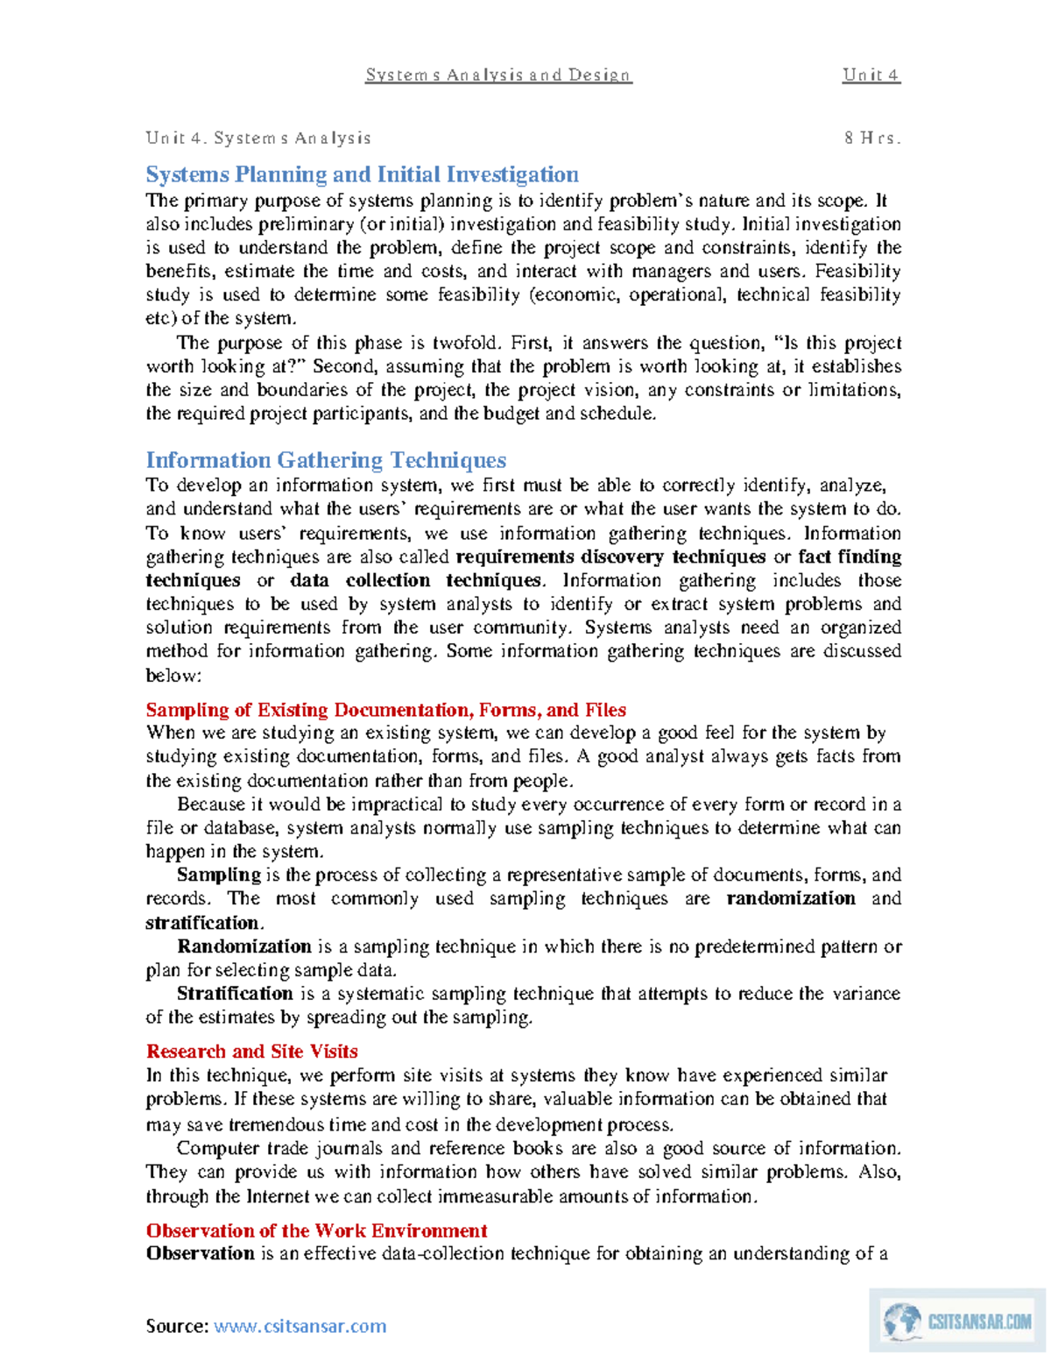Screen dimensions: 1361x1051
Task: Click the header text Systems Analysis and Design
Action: [497, 75]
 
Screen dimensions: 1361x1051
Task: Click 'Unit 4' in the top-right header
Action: [871, 75]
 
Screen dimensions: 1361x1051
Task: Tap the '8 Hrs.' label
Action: [871, 138]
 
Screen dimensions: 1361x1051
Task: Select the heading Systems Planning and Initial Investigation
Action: [362, 174]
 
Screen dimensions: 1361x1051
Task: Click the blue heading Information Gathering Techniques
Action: [326, 460]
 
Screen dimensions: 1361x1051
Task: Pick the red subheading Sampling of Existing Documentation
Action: [385, 710]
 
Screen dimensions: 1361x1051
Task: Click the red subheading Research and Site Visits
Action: [251, 1052]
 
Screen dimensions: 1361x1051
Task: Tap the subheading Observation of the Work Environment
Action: [316, 1230]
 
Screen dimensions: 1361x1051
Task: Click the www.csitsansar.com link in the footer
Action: [300, 1326]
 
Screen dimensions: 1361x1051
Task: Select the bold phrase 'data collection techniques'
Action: [416, 581]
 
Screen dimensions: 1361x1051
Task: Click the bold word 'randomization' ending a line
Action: [791, 899]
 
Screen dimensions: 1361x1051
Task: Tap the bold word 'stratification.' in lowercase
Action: [204, 923]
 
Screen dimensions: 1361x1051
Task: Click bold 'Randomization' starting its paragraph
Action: [243, 946]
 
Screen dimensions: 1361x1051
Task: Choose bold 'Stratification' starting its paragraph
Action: [235, 994]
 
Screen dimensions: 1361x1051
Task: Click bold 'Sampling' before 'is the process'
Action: [219, 875]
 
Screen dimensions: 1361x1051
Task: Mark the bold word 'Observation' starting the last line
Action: [200, 1254]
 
